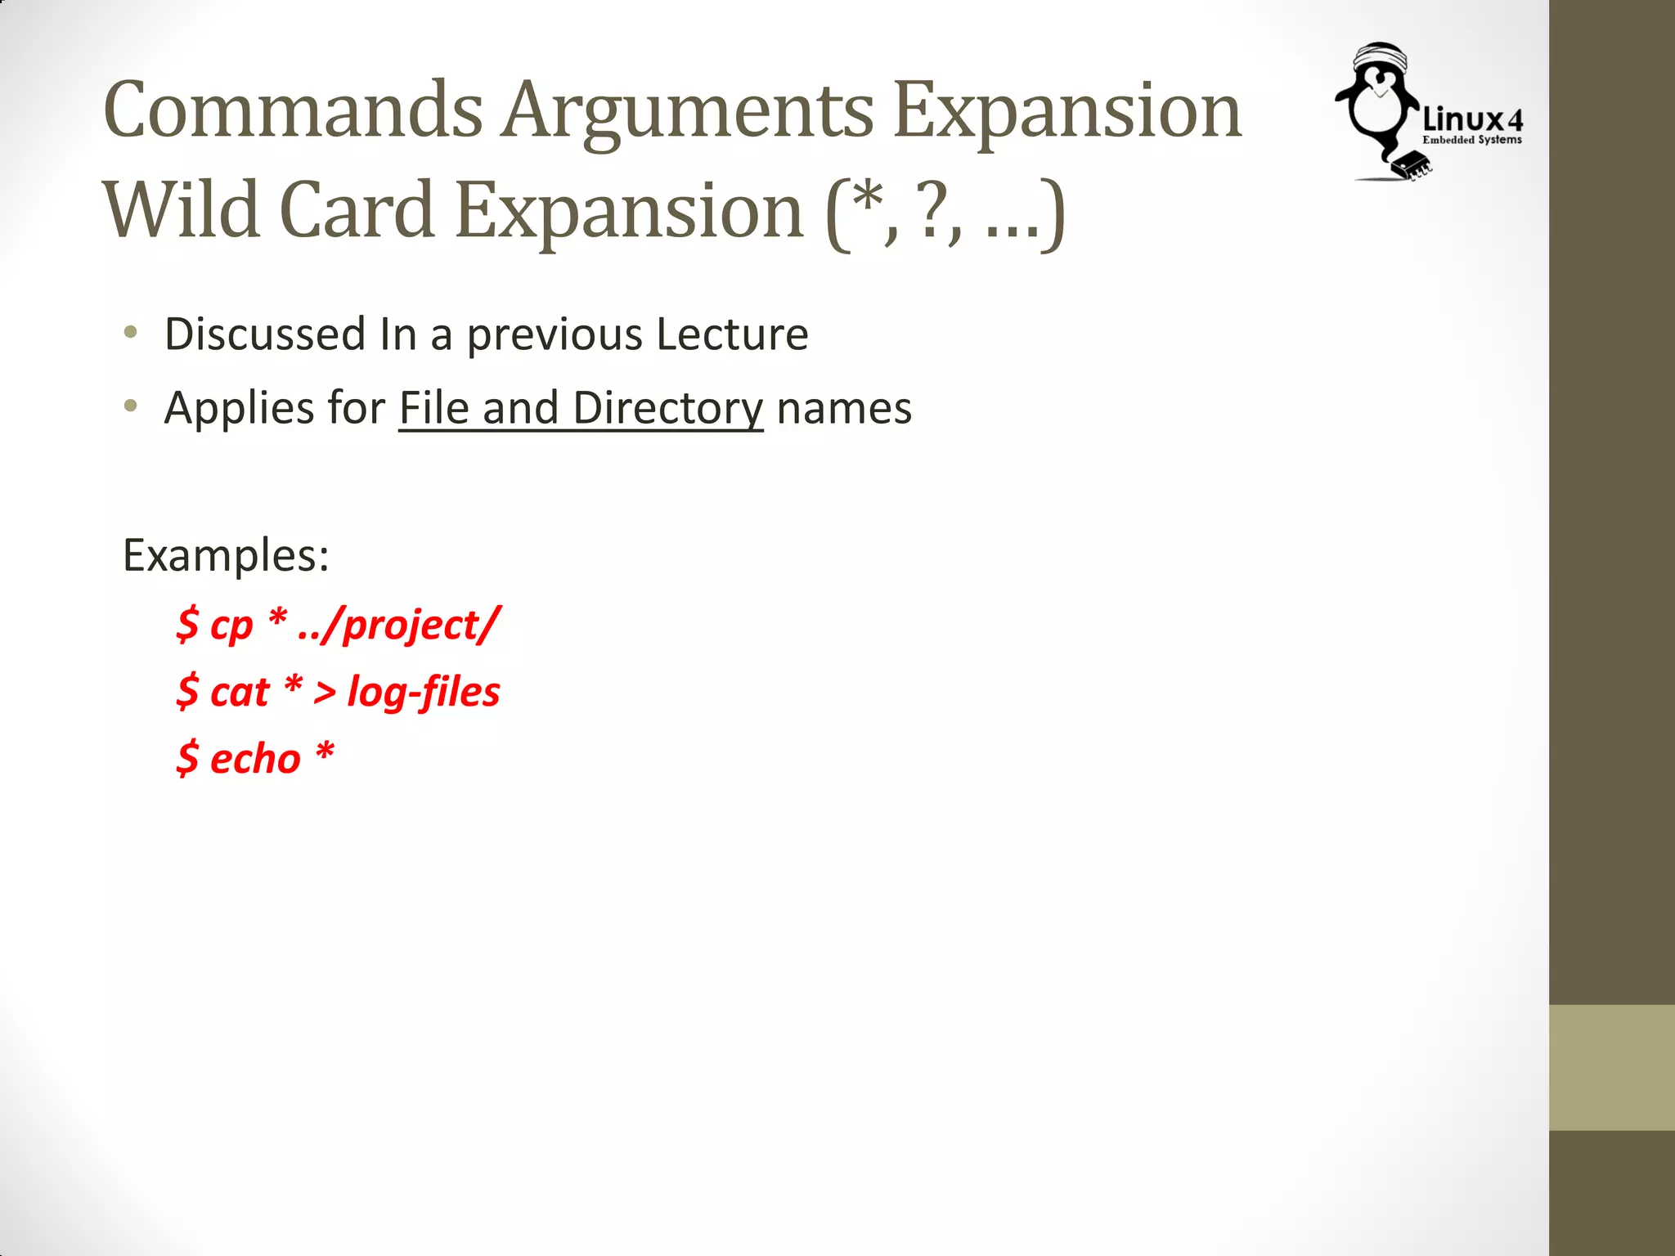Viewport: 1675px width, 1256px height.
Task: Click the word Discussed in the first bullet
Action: (264, 334)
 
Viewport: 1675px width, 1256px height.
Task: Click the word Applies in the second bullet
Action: (228, 408)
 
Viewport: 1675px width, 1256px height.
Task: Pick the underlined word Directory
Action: (667, 408)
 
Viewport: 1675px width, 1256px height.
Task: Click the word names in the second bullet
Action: (844, 408)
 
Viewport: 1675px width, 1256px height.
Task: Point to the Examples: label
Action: (226, 556)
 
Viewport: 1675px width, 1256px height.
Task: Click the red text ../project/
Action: (399, 626)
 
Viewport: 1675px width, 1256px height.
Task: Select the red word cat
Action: (240, 693)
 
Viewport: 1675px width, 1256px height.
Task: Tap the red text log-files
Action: (424, 693)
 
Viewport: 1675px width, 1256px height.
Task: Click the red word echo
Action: (255, 760)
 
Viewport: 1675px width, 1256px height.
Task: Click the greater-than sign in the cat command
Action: (325, 693)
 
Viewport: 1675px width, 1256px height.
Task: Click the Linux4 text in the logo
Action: (1472, 120)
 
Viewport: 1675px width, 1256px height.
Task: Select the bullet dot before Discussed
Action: (130, 333)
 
